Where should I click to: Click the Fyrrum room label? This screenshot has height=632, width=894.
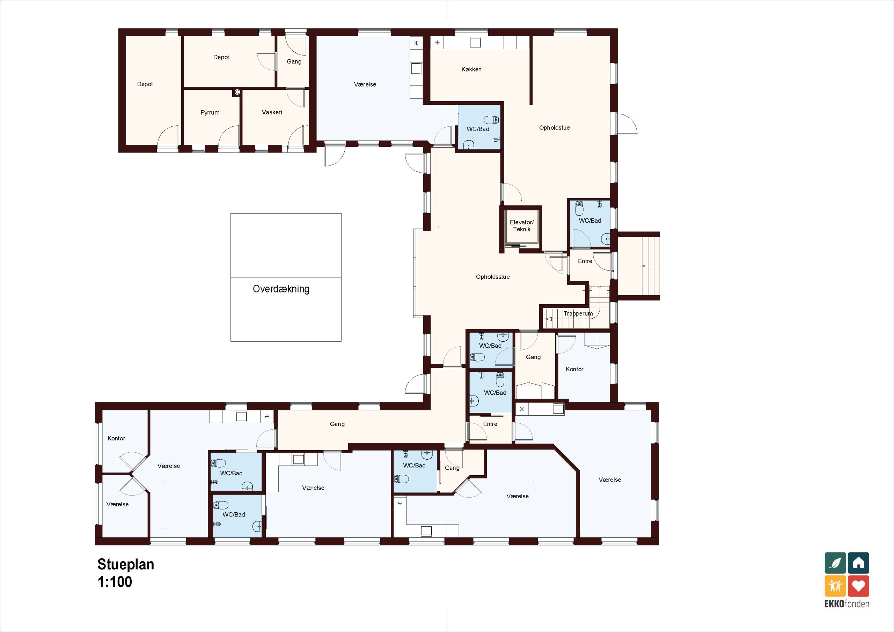[x=210, y=113]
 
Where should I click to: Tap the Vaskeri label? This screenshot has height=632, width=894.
[x=272, y=112]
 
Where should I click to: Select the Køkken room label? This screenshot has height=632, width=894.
[x=471, y=69]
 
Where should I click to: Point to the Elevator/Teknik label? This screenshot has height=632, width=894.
[x=522, y=226]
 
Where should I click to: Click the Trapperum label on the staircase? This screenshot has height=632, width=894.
[x=578, y=313]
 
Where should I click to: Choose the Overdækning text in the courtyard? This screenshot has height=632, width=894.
[x=281, y=289]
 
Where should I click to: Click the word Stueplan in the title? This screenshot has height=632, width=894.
[x=126, y=564]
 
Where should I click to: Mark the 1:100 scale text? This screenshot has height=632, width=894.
[x=115, y=582]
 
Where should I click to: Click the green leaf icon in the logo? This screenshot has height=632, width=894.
[x=835, y=563]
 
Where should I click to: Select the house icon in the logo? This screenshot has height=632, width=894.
[x=859, y=563]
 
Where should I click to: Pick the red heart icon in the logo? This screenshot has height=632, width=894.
[x=859, y=586]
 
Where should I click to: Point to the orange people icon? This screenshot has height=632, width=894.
[x=835, y=586]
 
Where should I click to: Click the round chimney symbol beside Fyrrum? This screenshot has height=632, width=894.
[x=237, y=92]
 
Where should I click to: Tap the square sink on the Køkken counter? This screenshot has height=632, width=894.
[x=475, y=42]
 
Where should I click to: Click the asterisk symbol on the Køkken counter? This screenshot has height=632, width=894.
[x=437, y=43]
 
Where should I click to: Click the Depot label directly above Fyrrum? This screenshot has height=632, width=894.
[x=221, y=57]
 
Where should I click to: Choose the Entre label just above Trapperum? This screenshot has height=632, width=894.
[x=585, y=261]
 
